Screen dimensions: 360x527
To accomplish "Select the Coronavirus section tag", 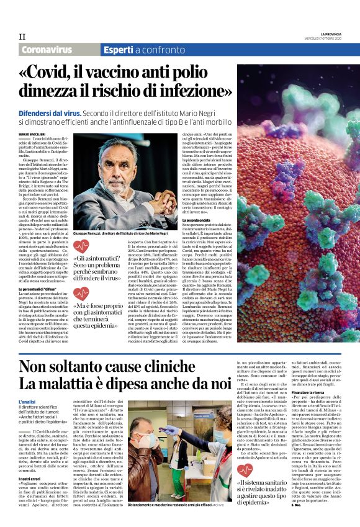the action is (x=46, y=49).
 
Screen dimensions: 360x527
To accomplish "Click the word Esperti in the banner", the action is (x=117, y=49).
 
